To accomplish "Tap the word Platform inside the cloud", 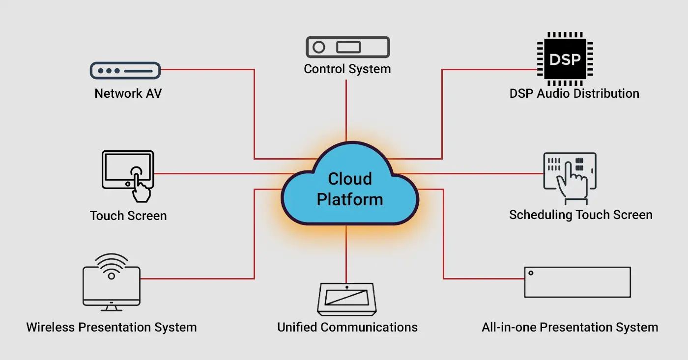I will (350, 199).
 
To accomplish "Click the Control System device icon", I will (347, 48).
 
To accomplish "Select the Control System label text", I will (347, 69).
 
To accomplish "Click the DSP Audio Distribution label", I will (574, 93).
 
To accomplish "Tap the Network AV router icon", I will (125, 71).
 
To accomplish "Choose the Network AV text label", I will (128, 93).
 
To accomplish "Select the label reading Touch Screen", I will (128, 216).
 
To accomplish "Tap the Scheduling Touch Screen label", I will (580, 215).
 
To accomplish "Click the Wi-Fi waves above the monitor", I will (112, 262).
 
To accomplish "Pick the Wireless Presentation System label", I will (112, 327).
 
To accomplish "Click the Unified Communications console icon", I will (347, 299).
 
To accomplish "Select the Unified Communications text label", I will (347, 327).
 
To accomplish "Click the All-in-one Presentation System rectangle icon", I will (577, 282).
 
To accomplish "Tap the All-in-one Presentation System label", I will (570, 327).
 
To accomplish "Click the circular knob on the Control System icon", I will (319, 48).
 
